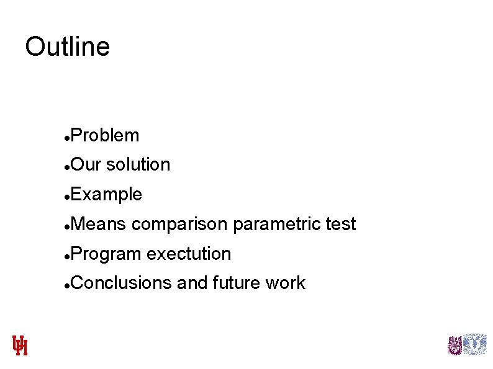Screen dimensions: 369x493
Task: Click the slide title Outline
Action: [x=67, y=47]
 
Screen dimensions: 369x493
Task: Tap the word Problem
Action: [x=105, y=135]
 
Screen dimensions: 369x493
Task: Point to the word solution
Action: [x=138, y=164]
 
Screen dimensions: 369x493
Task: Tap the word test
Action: [x=340, y=224]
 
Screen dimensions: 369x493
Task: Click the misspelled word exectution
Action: [x=189, y=254]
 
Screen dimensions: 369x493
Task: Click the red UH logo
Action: [x=20, y=345]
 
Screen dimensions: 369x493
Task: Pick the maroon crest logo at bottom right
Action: [x=455, y=345]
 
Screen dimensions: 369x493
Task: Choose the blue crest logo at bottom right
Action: [x=476, y=344]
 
